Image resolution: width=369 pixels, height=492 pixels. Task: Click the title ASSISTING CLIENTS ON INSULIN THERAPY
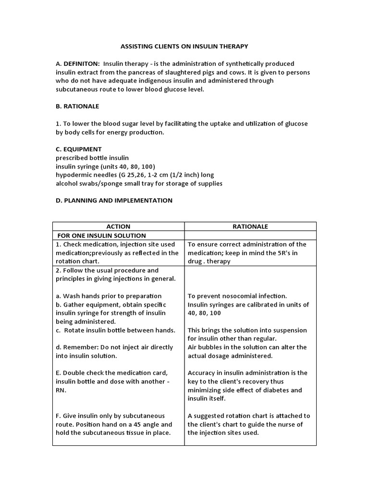point(184,46)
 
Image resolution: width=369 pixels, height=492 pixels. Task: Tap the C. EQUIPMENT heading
point(79,149)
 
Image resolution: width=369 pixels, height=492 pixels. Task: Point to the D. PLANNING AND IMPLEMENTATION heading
point(114,200)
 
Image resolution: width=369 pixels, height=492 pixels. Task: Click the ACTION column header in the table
point(118,226)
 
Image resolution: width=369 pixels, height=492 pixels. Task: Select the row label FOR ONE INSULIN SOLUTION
point(101,235)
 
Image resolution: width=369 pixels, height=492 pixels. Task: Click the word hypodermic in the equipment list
point(73,175)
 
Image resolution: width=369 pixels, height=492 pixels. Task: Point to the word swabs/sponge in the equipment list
point(103,184)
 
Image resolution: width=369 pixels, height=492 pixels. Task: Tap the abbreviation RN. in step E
point(61,390)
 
